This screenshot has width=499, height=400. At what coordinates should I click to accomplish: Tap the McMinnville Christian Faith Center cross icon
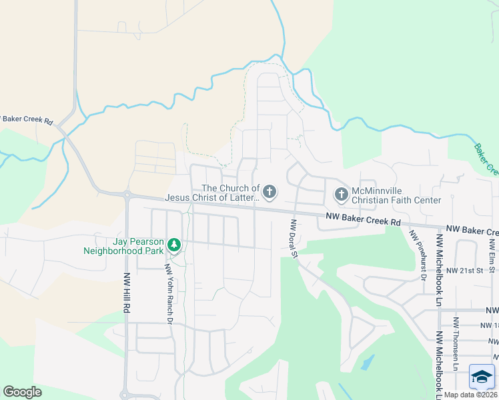341,194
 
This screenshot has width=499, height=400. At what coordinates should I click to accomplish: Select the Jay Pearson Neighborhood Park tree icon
174,245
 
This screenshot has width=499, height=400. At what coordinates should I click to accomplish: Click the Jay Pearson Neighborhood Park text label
123,246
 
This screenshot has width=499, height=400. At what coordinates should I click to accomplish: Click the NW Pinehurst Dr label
418,255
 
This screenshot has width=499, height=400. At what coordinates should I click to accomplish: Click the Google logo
22,392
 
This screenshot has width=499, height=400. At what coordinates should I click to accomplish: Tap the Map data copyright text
471,395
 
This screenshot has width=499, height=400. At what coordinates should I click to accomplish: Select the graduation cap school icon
482,377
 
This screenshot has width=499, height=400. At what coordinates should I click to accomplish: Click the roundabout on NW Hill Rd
127,195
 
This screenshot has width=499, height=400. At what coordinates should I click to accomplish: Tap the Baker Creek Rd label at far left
27,120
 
